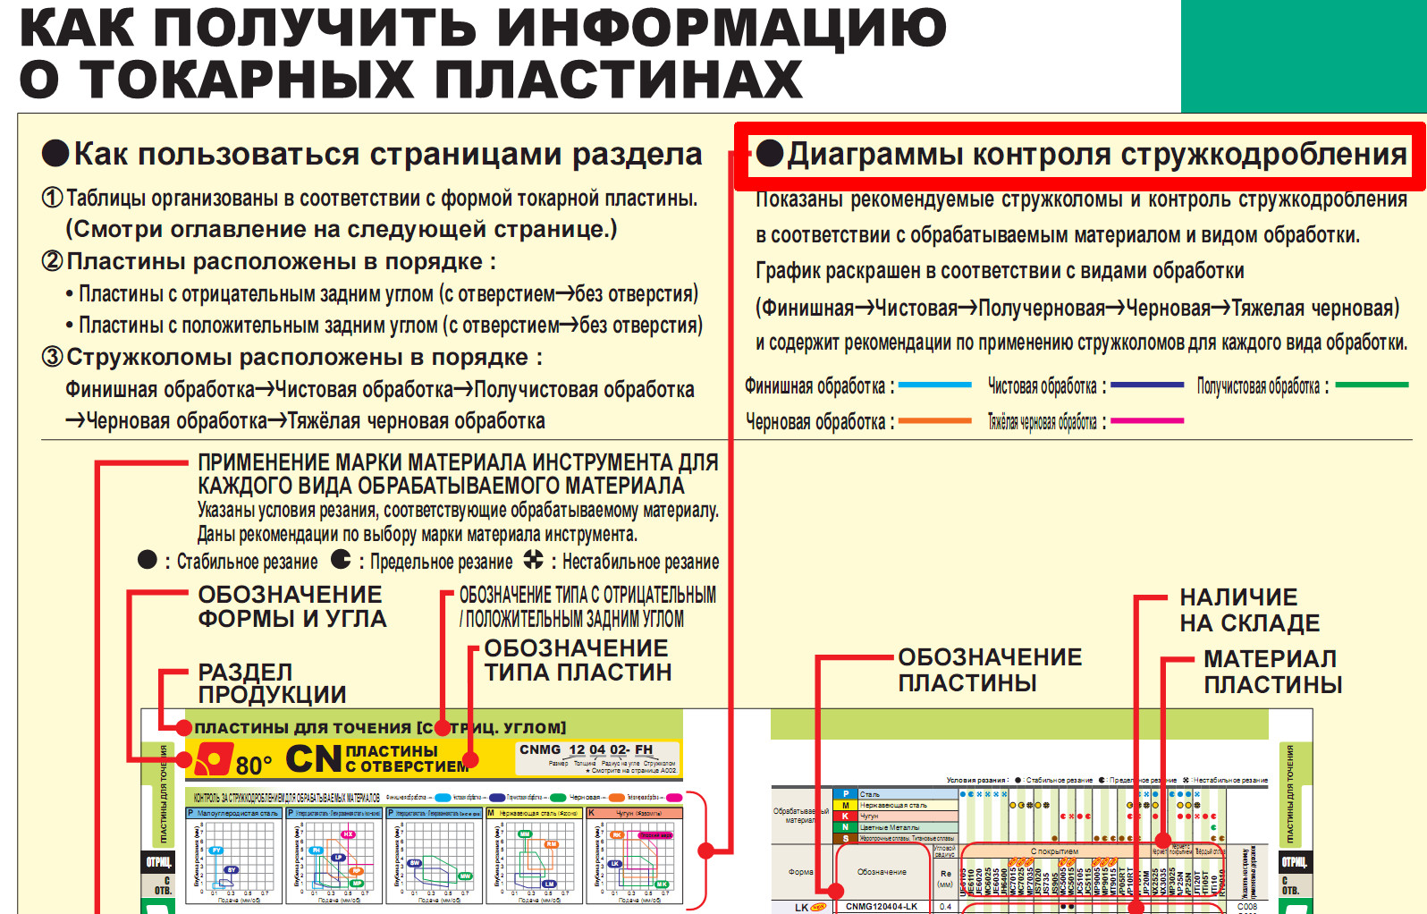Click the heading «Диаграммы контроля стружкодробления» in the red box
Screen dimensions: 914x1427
(1096, 155)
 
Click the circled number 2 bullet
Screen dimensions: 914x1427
(52, 261)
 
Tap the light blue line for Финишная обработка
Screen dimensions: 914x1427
(934, 385)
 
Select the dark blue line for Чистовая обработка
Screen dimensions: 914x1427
(1147, 385)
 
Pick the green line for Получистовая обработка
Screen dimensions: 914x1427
(1371, 385)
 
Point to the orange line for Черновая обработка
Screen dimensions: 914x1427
(934, 420)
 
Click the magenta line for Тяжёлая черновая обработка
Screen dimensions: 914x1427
(1147, 420)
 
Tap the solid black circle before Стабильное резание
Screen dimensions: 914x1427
(148, 560)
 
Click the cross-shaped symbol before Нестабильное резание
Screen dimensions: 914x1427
(533, 560)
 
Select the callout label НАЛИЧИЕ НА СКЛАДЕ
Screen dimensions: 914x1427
(1249, 610)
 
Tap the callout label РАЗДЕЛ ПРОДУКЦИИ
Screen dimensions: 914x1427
(272, 683)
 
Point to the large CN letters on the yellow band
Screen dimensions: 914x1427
(314, 759)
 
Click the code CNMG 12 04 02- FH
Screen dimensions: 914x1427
(587, 749)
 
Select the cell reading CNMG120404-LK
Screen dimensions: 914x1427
(882, 906)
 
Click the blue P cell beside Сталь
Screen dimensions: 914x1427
(845, 794)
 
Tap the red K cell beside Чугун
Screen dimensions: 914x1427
(845, 816)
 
